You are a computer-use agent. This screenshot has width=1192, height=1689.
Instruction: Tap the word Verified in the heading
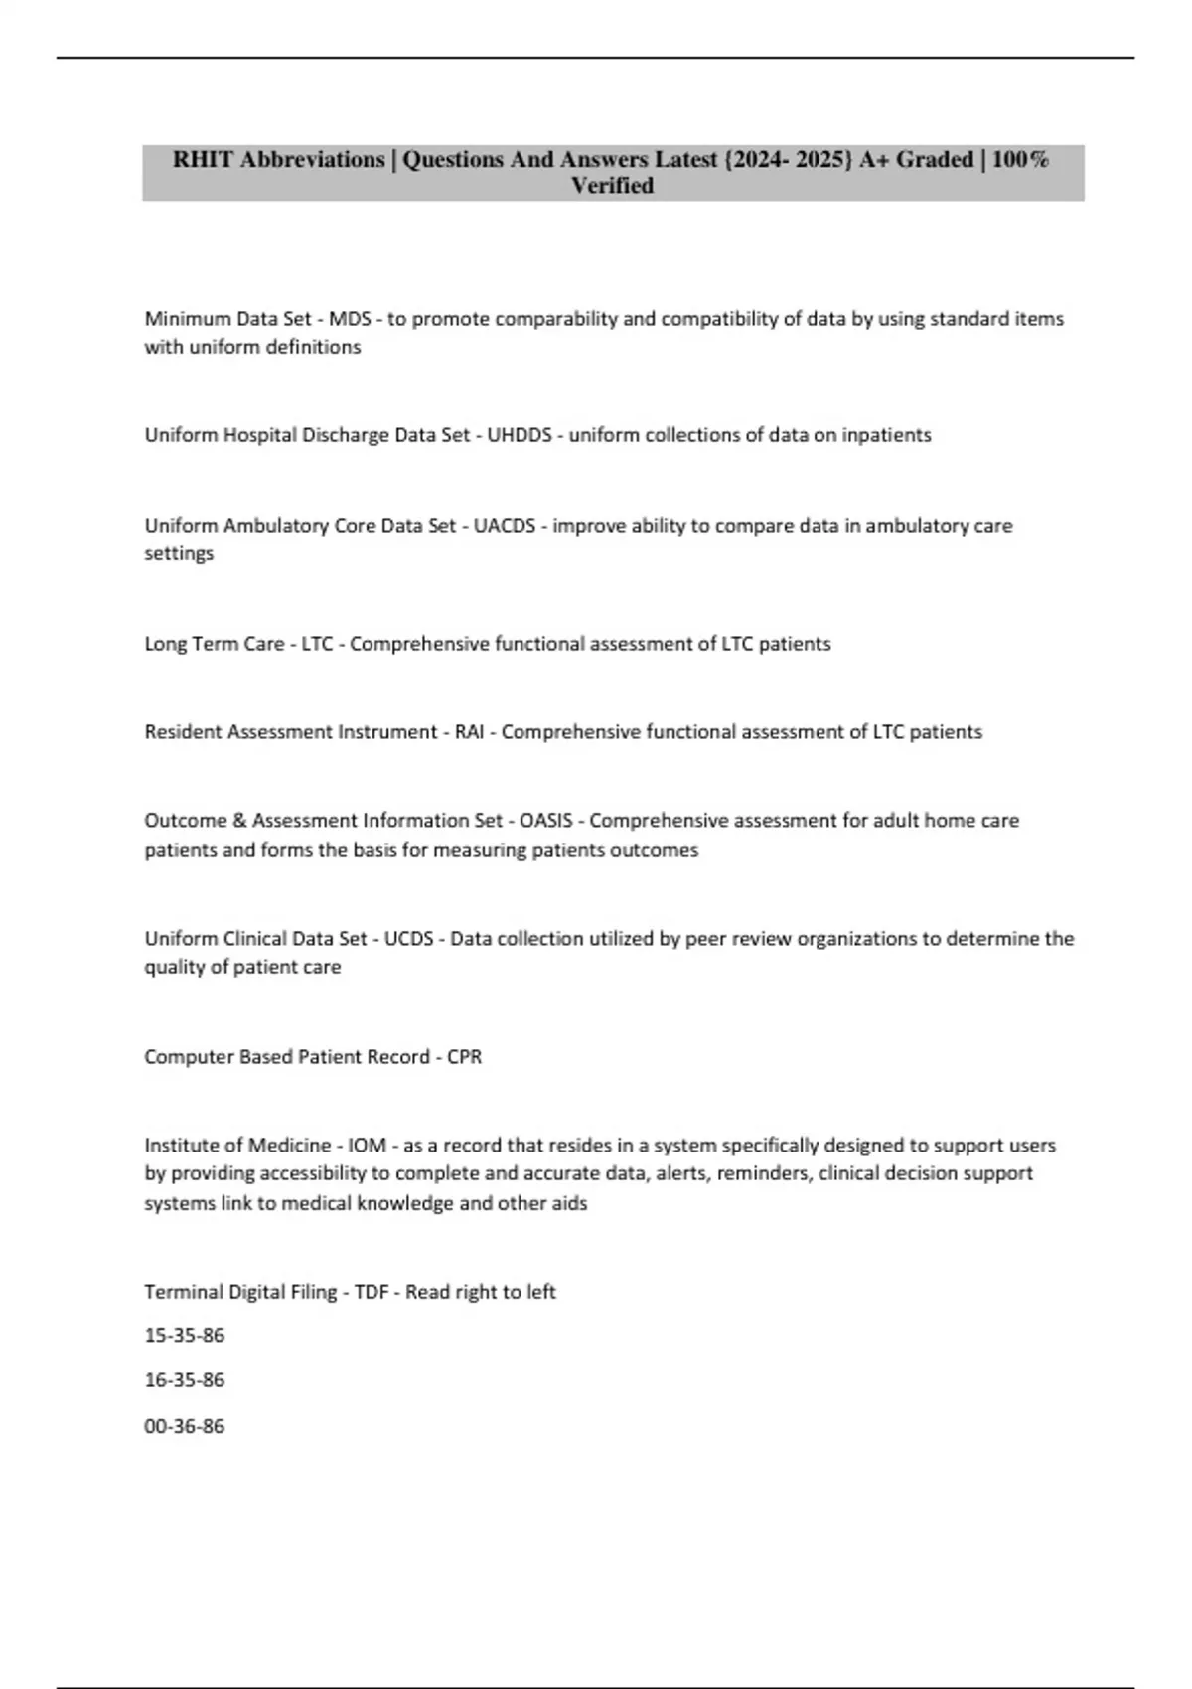click(x=612, y=186)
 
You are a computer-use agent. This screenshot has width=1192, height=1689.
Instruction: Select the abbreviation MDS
click(x=350, y=319)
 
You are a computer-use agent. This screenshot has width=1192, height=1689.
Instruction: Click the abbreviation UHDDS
click(x=519, y=435)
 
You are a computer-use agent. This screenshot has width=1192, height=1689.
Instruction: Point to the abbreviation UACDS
click(x=506, y=526)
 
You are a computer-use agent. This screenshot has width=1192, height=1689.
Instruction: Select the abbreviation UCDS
click(x=408, y=939)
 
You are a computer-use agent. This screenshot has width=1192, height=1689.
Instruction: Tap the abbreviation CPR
click(x=464, y=1057)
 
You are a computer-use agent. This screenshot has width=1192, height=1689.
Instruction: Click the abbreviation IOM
click(x=367, y=1146)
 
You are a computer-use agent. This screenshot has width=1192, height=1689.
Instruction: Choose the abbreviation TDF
click(x=372, y=1292)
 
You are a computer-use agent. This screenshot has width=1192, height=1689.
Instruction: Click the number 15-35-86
click(x=185, y=1336)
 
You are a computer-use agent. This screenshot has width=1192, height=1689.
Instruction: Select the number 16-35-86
click(x=185, y=1380)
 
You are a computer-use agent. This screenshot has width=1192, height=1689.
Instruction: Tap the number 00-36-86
click(x=185, y=1426)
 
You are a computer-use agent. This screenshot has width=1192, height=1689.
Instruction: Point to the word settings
click(x=179, y=553)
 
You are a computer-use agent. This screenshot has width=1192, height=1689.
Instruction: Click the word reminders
click(x=762, y=1173)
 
